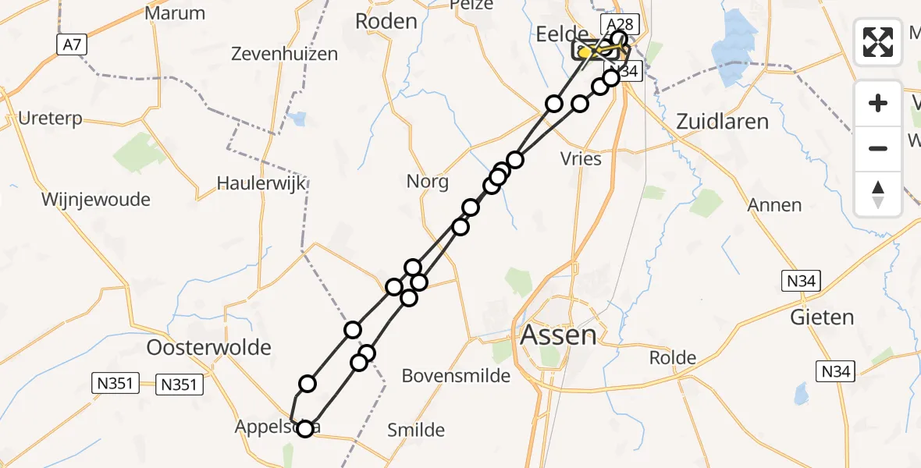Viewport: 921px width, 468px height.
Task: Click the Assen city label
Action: pyautogui.click(x=558, y=335)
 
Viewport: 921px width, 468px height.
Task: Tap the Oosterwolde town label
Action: pyautogui.click(x=209, y=347)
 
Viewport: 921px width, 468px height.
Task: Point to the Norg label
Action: pyautogui.click(x=428, y=183)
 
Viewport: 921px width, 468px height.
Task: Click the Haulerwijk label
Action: pyautogui.click(x=261, y=184)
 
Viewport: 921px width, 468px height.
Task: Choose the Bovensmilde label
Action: pyautogui.click(x=456, y=376)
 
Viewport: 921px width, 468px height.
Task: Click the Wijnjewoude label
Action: pyautogui.click(x=95, y=200)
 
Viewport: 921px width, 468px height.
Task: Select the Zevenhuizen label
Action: pyautogui.click(x=284, y=54)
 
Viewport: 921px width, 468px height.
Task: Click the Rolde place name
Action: pyautogui.click(x=672, y=358)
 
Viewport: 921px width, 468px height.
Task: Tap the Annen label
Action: pyautogui.click(x=774, y=204)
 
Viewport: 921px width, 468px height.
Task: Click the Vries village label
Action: pyautogui.click(x=581, y=158)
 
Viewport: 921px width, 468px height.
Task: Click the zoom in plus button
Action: pyautogui.click(x=878, y=103)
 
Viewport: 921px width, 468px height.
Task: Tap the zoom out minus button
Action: pyautogui.click(x=878, y=148)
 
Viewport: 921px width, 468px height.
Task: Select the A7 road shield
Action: pyautogui.click(x=69, y=45)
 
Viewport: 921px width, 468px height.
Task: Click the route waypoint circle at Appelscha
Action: pyautogui.click(x=304, y=427)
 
